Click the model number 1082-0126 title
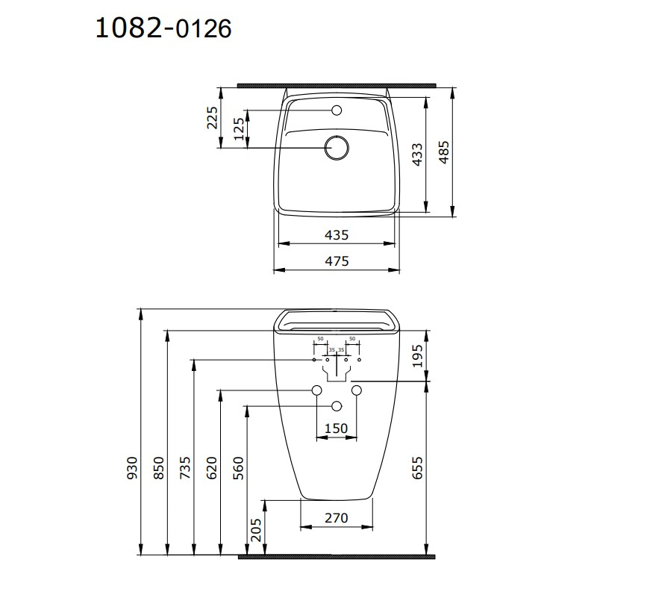(163, 28)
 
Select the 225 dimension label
(212, 118)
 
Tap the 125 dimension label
(240, 129)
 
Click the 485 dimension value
(444, 152)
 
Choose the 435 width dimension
(337, 234)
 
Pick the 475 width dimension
(337, 261)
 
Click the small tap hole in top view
(337, 111)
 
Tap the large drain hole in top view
(337, 147)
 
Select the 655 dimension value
(418, 468)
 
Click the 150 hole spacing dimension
(336, 428)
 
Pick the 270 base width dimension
(336, 517)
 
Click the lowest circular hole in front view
(336, 405)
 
